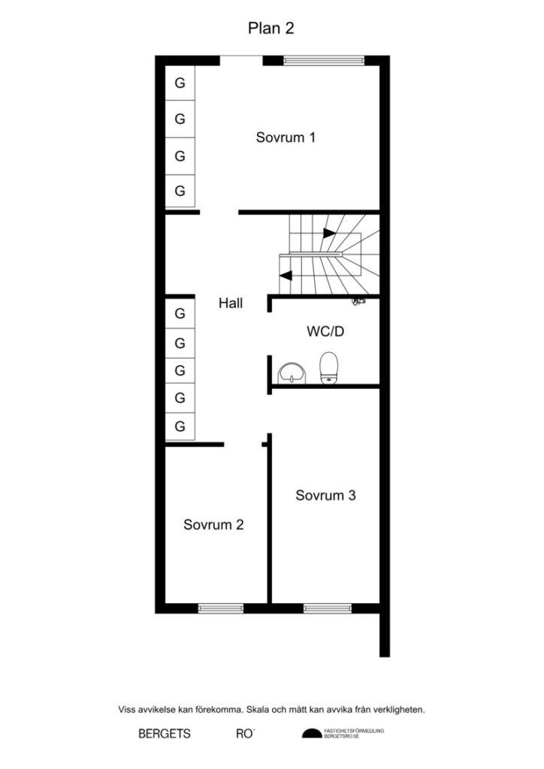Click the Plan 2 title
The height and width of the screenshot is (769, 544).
[270, 29]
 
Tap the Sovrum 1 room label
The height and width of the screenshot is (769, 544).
[285, 137]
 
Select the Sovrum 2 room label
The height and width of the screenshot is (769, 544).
[213, 525]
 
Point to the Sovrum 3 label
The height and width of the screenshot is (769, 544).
[325, 496]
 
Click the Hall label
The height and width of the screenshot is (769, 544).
[231, 303]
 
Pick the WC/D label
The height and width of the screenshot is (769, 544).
[325, 331]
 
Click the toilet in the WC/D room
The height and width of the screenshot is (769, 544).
[328, 368]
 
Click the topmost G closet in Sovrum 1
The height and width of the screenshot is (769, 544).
[180, 83]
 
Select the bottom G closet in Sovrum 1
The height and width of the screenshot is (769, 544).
[180, 191]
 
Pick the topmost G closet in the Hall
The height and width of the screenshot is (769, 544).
[180, 312]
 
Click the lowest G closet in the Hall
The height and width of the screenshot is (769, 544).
[180, 427]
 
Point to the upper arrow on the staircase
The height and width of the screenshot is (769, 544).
[329, 233]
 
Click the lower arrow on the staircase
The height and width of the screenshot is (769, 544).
[286, 275]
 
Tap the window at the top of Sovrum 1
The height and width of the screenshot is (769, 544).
[323, 59]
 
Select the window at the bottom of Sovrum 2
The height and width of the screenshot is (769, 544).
[220, 607]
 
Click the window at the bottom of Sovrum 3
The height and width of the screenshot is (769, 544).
[328, 607]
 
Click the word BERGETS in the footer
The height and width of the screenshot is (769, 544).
[165, 734]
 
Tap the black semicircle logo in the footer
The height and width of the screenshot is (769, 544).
[311, 734]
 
